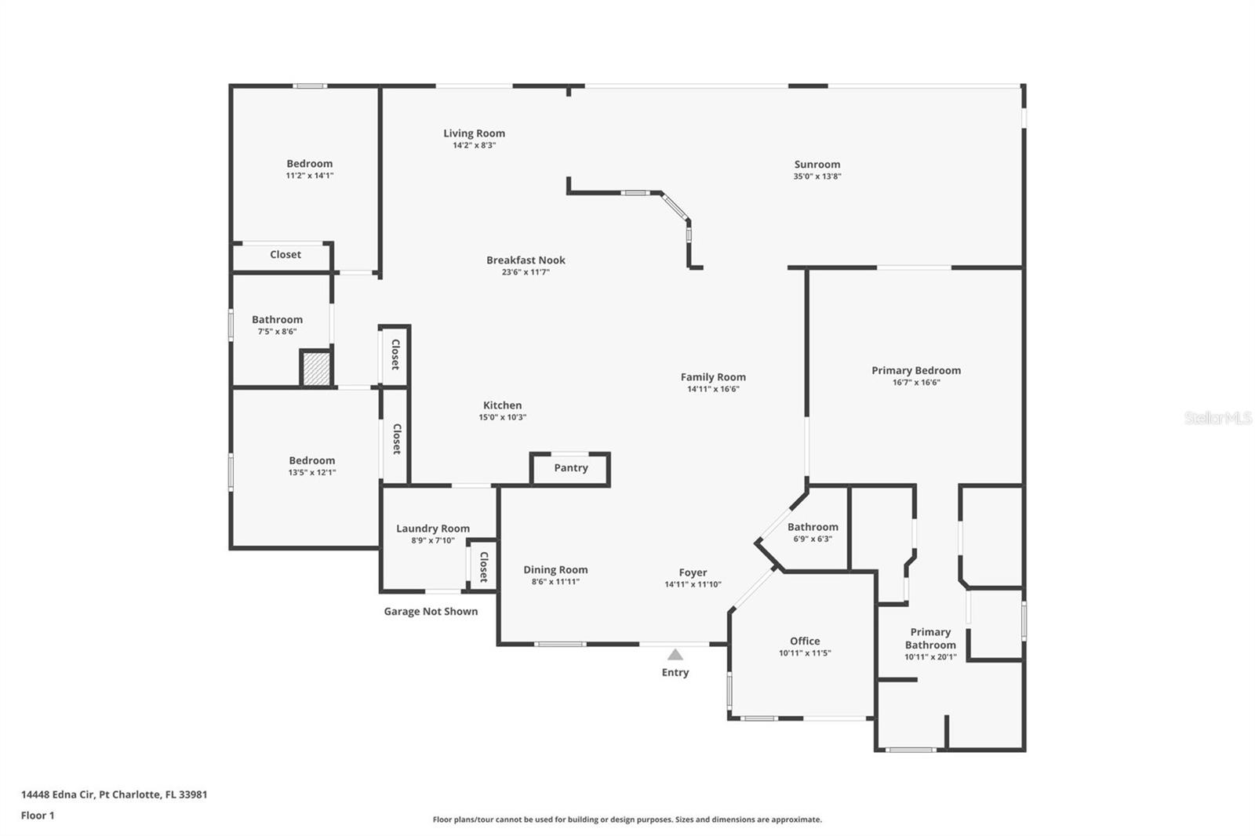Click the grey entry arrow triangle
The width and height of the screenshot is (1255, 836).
[x=675, y=654]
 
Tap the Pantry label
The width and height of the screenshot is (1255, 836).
[x=570, y=467]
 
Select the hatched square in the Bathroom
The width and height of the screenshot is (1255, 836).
[x=316, y=369]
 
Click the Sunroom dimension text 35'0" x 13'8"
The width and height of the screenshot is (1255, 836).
[x=817, y=176]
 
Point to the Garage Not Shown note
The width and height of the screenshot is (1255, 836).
[x=431, y=612]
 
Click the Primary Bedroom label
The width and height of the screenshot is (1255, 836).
[x=915, y=370]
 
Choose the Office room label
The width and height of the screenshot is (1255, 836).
[x=805, y=641]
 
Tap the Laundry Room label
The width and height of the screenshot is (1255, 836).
[x=432, y=529]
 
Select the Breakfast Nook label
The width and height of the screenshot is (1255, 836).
[x=526, y=260]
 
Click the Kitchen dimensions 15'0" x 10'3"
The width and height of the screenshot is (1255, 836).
[x=502, y=417]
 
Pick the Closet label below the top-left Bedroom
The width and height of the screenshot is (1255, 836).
[x=286, y=254]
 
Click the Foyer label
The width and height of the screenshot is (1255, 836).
[x=693, y=572]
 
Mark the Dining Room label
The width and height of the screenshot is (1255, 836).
[x=555, y=569]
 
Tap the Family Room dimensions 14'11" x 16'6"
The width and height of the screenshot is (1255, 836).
[x=713, y=389]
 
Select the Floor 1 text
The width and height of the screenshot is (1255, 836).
[x=38, y=815]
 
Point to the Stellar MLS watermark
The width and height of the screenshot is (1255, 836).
[x=1217, y=418]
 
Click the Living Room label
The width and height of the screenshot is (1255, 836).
[x=474, y=133]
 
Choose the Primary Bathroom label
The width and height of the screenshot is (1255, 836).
[x=930, y=638]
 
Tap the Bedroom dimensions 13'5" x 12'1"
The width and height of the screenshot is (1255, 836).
[x=311, y=473]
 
